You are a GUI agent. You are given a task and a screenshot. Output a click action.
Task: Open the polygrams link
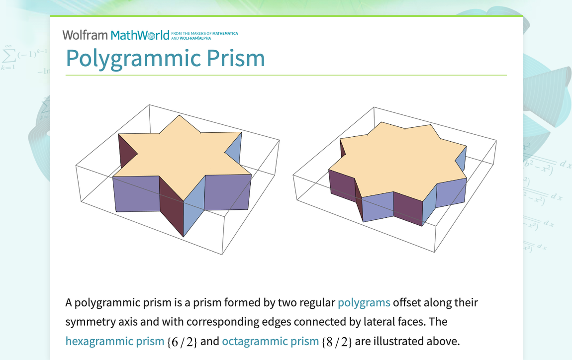click(x=364, y=302)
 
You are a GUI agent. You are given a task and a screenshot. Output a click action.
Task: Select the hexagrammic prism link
click(x=114, y=341)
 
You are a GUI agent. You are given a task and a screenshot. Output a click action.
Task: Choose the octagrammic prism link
click(x=270, y=341)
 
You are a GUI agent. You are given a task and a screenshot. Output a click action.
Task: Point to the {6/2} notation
click(x=183, y=342)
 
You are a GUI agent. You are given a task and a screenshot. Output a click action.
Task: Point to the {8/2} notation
click(x=337, y=342)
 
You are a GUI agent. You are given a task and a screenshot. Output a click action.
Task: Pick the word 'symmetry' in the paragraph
click(x=88, y=322)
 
